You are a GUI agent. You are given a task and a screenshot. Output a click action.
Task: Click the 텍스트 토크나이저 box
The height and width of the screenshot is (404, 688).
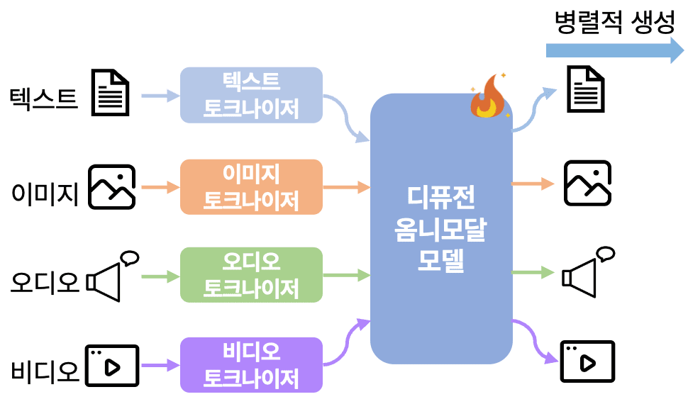(x=251, y=95)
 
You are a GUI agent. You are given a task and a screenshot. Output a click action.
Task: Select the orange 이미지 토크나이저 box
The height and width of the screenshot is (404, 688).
(x=251, y=186)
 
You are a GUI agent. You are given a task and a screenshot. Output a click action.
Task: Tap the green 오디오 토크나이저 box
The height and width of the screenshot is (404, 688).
(x=251, y=274)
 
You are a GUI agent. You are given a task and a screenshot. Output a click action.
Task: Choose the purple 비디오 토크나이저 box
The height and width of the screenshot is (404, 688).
(x=251, y=364)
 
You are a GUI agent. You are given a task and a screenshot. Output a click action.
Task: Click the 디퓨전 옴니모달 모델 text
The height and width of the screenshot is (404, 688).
(x=440, y=228)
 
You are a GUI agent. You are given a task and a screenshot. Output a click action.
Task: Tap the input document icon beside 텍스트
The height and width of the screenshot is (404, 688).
(x=112, y=93)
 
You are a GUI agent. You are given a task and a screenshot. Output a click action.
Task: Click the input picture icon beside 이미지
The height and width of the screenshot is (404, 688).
(x=112, y=187)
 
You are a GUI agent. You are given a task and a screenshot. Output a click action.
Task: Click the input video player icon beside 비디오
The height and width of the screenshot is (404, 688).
(x=112, y=366)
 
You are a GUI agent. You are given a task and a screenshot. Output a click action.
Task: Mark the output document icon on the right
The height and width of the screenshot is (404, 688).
(x=587, y=88)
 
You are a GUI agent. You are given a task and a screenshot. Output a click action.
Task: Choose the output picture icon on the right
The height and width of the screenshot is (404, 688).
(x=587, y=184)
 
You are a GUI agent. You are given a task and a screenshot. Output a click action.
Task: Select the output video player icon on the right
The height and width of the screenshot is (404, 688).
(x=587, y=361)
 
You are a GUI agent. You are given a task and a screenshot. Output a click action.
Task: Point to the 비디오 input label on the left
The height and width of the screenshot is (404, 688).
(x=45, y=371)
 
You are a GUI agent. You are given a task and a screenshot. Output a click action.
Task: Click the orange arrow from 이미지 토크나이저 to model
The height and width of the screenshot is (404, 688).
(x=347, y=187)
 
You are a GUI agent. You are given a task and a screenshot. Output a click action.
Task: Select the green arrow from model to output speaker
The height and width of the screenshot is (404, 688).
(x=533, y=272)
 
